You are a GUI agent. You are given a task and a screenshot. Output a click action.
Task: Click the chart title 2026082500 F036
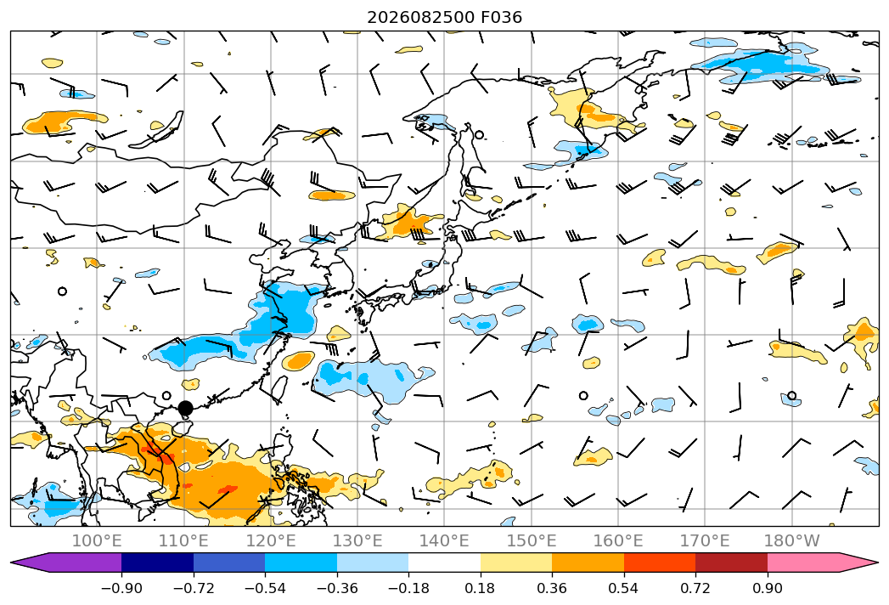[445, 17]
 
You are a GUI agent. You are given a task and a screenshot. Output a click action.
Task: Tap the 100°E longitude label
[97, 540]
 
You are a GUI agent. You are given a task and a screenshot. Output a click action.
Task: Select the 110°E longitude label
[183, 540]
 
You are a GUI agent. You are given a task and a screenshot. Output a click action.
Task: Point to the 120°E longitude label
[271, 540]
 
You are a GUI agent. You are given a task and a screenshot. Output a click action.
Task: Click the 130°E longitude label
[357, 540]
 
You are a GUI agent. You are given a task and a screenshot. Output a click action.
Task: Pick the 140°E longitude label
[444, 540]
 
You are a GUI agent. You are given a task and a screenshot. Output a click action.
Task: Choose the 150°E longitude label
[532, 540]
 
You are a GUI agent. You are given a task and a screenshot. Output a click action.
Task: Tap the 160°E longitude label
[618, 540]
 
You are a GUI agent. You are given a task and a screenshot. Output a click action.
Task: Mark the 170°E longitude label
[705, 540]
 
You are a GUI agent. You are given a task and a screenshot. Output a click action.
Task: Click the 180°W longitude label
[791, 540]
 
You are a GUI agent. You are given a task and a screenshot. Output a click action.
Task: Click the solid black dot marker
[185, 408]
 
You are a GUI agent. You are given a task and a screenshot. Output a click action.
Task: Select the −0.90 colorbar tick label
[121, 588]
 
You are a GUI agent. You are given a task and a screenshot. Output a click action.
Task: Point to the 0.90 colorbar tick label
[767, 588]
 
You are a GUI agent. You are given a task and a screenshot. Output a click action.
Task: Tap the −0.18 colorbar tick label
[408, 588]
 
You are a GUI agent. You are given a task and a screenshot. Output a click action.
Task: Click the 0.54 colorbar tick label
[624, 588]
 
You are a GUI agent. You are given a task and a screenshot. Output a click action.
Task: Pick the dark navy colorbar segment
[158, 563]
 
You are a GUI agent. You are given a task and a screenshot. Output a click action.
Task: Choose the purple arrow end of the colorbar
[66, 563]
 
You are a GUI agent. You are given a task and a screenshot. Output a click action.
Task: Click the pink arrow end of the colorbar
[823, 563]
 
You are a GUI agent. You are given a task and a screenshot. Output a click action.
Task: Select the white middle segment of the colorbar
[445, 563]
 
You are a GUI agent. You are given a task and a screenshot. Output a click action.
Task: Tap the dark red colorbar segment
[731, 563]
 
